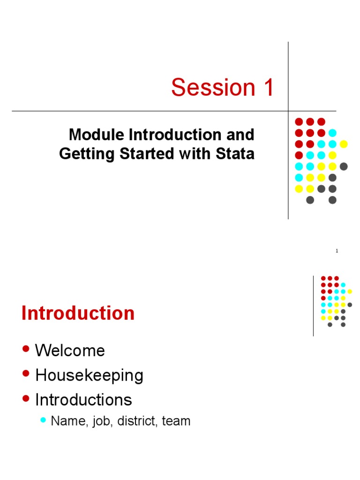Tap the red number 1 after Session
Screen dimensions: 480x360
coord(268,88)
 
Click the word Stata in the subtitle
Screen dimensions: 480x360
coord(237,154)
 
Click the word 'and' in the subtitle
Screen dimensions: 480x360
coord(243,135)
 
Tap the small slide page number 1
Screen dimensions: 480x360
coord(337,251)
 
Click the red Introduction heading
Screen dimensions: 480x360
coord(78,314)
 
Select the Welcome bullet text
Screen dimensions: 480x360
coord(70,351)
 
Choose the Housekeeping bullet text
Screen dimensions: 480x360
coord(89,375)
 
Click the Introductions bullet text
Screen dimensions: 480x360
coord(83,400)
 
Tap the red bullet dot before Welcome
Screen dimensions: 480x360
coord(26,350)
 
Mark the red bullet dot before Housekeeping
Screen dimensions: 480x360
coord(26,375)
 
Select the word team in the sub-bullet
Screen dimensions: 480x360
coord(176,421)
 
